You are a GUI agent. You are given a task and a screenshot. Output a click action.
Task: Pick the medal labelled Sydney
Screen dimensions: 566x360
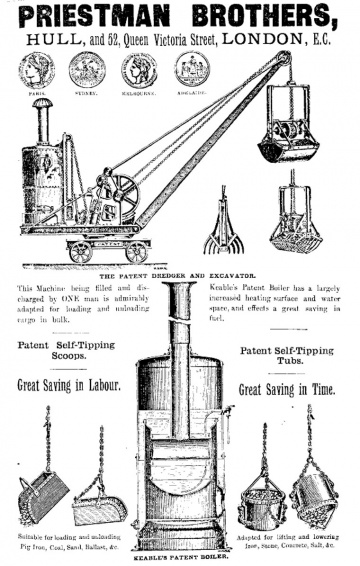coord(87,70)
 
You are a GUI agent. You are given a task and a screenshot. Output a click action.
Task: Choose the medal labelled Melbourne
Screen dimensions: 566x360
coord(139,70)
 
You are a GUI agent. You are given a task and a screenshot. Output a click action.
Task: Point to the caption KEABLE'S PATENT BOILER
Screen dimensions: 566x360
coord(180,558)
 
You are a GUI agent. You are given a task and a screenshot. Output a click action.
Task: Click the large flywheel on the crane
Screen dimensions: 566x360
coord(124,191)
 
